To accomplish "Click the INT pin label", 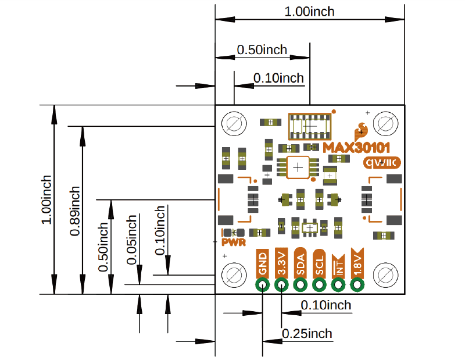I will [x=338, y=265].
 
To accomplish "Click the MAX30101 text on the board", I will [x=356, y=148].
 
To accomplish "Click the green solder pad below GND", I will [x=263, y=285].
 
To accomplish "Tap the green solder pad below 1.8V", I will [x=357, y=285].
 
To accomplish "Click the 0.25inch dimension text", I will [x=307, y=333].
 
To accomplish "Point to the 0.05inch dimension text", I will [x=132, y=240].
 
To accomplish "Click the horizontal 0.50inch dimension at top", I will [x=262, y=50].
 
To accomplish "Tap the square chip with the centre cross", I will [x=298, y=168].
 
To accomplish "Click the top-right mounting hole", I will [x=384, y=124].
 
